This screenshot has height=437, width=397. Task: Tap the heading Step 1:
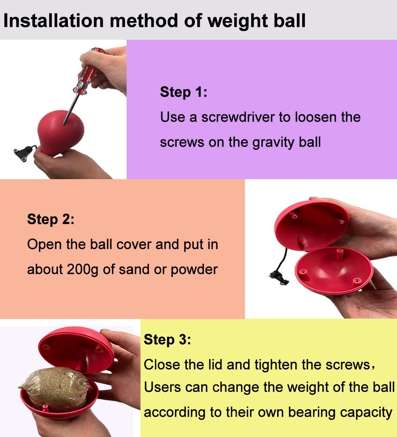pyautogui.click(x=183, y=92)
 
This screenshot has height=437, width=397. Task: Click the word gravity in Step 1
pyautogui.click(x=269, y=142)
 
